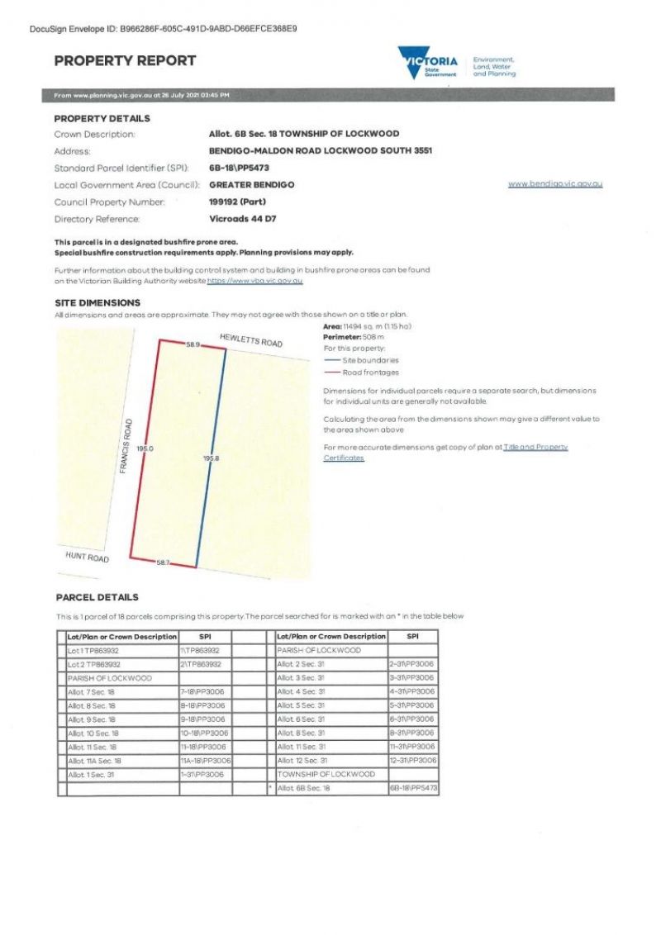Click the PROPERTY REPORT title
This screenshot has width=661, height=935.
(125, 60)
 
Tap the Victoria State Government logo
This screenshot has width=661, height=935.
(428, 62)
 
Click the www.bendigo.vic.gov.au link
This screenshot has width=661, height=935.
(554, 183)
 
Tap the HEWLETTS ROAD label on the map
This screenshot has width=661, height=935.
(251, 340)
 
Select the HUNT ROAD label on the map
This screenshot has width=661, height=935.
(87, 557)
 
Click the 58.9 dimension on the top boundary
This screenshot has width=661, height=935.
(193, 344)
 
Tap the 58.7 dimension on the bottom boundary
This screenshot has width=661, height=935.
(163, 562)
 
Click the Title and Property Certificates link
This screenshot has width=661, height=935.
(535, 447)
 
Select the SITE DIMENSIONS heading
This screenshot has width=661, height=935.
(97, 303)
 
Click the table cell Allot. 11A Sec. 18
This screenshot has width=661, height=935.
(95, 761)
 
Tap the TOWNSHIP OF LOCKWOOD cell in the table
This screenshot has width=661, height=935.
(326, 775)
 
